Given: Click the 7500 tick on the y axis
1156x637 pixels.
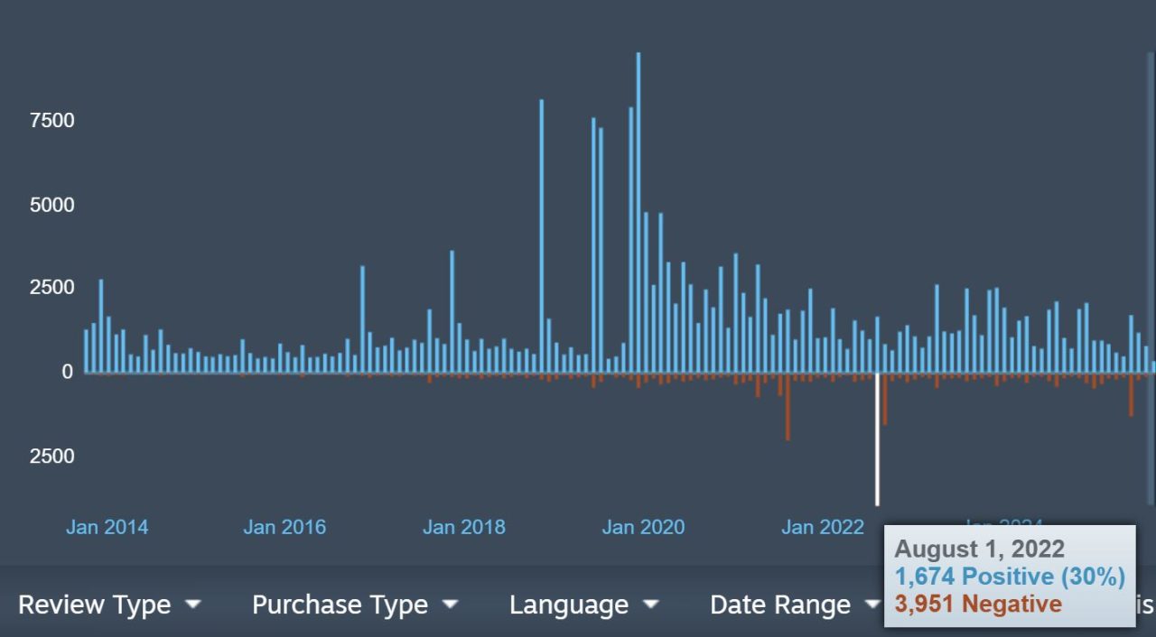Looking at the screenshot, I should [51, 121].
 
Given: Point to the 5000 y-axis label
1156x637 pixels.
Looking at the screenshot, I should [51, 205].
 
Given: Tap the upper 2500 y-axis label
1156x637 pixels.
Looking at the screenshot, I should [51, 288].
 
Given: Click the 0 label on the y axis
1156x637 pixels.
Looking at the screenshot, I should [67, 372].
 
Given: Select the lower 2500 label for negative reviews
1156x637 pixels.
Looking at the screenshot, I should [51, 456].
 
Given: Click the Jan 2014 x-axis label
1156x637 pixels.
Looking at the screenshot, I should [107, 527].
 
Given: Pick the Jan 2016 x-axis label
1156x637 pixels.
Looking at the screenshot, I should [284, 527].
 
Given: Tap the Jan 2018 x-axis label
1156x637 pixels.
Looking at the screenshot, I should [464, 527].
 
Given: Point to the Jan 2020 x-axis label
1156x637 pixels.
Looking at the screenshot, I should [643, 527].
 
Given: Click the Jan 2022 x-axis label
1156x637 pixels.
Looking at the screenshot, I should [823, 527].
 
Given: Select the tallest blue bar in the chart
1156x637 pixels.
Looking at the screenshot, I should [639, 212].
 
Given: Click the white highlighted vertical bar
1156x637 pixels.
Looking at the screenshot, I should [877, 439].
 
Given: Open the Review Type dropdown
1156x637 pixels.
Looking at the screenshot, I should [109, 605].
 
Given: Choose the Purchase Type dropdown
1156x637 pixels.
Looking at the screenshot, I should [355, 605].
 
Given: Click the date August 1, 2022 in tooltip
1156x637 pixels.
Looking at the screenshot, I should [980, 549].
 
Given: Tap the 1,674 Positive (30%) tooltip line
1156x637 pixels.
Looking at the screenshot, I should [1010, 577].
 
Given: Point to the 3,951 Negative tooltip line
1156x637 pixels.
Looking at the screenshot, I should [978, 604].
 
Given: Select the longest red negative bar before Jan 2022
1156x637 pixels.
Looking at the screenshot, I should [788, 406].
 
